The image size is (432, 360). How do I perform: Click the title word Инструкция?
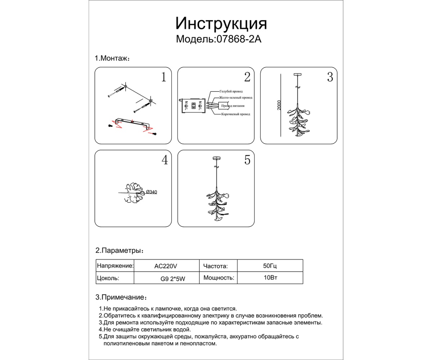tap(221, 24)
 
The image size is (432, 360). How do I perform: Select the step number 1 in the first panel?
tap(163, 77)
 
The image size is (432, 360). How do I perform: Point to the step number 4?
tap(165, 160)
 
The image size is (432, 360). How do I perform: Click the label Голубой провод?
tap(231, 91)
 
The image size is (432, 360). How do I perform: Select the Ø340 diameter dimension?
tap(152, 192)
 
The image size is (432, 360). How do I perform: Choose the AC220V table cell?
tap(166, 266)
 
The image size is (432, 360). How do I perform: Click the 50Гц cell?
tap(270, 266)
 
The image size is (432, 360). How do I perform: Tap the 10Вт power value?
tap(270, 278)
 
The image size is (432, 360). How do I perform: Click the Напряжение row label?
tap(115, 266)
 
